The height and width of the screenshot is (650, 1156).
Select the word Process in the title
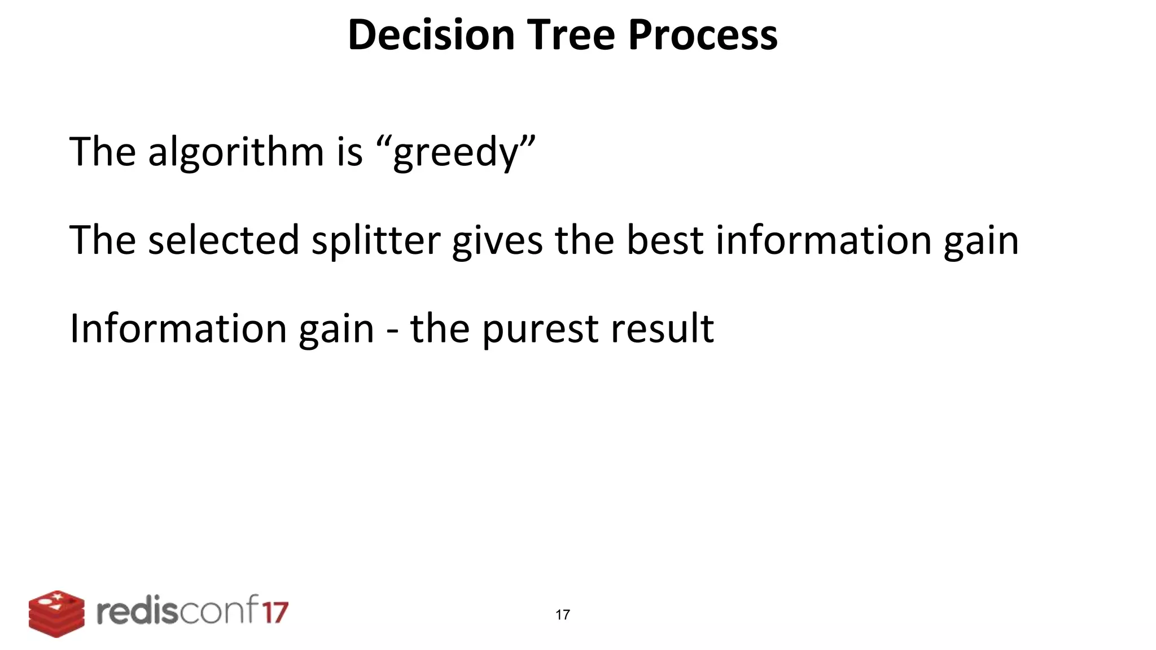(703, 35)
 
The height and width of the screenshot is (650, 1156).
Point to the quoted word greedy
(455, 152)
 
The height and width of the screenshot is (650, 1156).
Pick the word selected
(224, 240)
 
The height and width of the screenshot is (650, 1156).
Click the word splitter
(376, 241)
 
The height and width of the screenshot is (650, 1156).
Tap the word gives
(497, 241)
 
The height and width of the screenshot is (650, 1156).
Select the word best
(665, 240)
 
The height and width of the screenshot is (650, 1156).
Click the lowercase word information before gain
(824, 240)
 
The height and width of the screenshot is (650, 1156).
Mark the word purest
(539, 329)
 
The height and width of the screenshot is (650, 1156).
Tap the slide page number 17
(563, 614)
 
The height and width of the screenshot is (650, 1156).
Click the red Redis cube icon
(56, 614)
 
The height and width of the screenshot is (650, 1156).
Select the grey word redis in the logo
(135, 612)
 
